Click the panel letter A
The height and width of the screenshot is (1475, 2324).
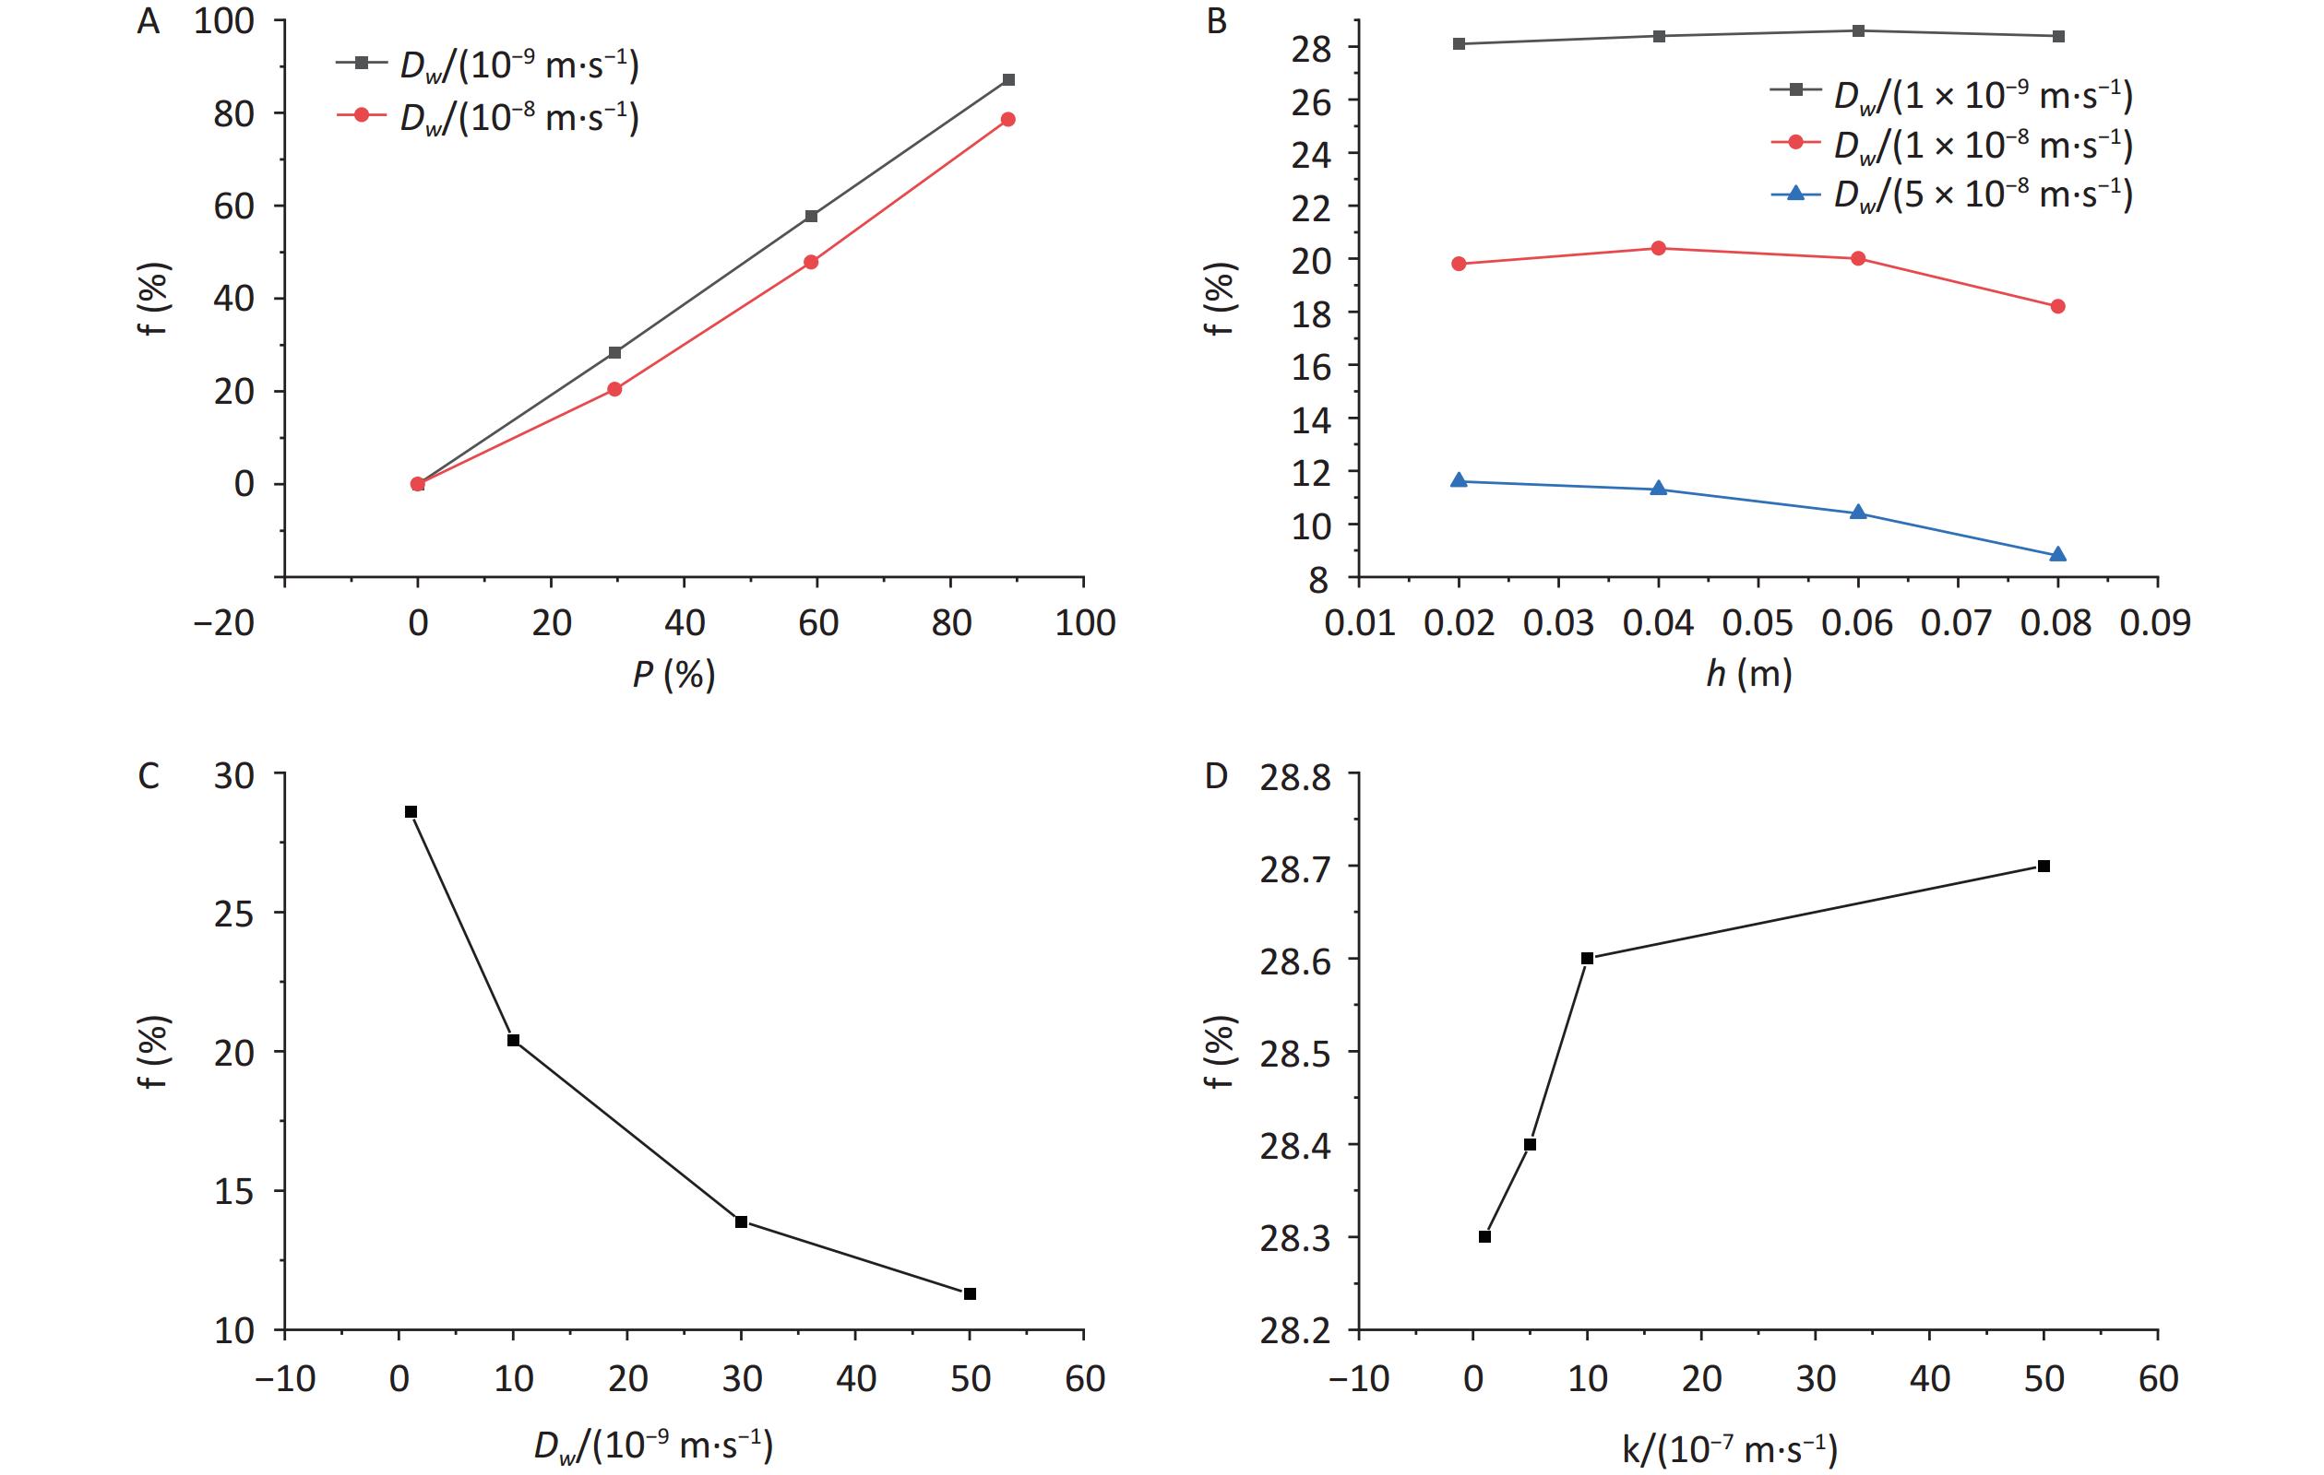[148, 21]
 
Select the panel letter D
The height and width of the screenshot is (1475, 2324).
[1217, 775]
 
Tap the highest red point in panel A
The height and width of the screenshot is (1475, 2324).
[1007, 120]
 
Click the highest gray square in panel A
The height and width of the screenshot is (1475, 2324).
[1007, 80]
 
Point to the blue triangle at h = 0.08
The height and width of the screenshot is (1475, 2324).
[2057, 555]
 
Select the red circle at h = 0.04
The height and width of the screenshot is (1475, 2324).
[1659, 248]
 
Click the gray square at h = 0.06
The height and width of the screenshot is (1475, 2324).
[1858, 30]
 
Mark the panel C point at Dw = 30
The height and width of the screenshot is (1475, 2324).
[741, 1221]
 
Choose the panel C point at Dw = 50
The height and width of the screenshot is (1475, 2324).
[970, 1293]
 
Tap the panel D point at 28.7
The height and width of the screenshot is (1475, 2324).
[2044, 867]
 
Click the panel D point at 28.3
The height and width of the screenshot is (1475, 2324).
[1484, 1237]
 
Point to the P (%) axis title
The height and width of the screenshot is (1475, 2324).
[673, 674]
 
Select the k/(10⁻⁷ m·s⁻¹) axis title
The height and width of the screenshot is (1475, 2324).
[1729, 1448]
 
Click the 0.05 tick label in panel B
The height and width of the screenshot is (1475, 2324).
[1758, 623]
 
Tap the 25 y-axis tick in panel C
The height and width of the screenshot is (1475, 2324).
[232, 914]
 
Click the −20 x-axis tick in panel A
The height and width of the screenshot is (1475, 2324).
[224, 623]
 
